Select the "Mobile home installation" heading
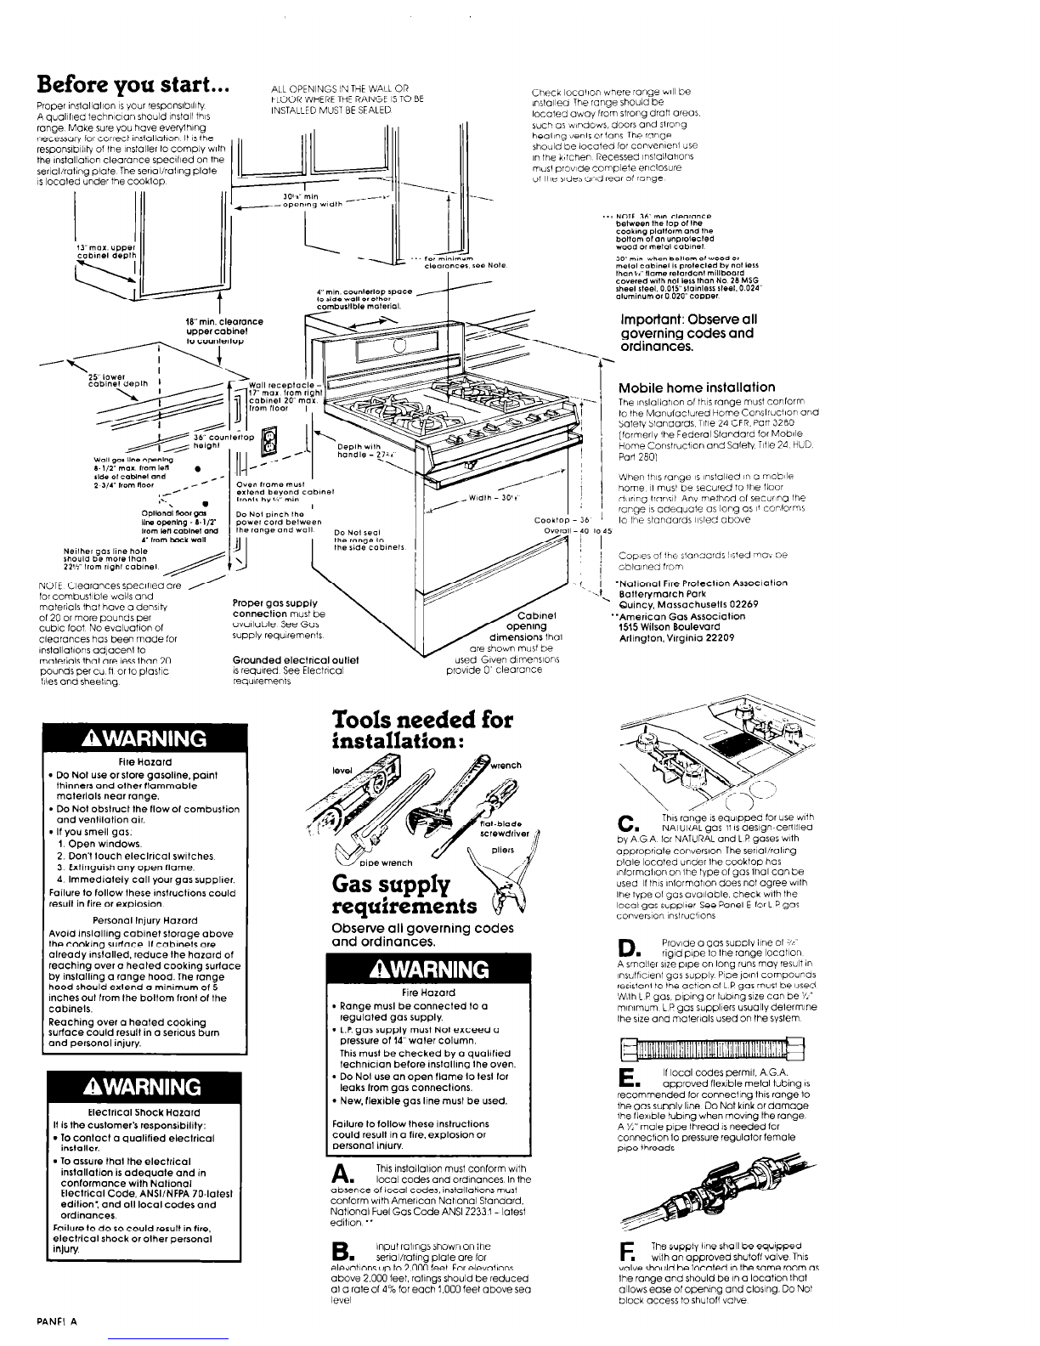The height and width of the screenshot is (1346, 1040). pos(697,387)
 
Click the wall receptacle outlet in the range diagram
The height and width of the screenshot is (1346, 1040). pos(270,440)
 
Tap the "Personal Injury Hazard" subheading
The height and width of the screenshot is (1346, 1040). pos(144,920)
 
